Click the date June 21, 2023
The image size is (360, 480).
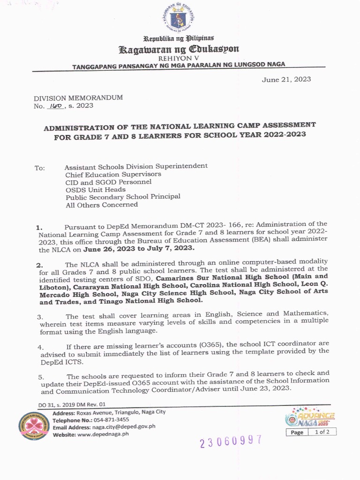[x=286, y=79]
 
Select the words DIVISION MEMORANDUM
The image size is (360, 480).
[x=78, y=98]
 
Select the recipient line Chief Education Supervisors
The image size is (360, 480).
[x=113, y=174]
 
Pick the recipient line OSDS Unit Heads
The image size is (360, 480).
[x=95, y=189]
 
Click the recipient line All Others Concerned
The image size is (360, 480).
[x=102, y=204]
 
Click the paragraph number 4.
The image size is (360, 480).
[x=41, y=347]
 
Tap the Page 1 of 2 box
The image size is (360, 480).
[x=311, y=432]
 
